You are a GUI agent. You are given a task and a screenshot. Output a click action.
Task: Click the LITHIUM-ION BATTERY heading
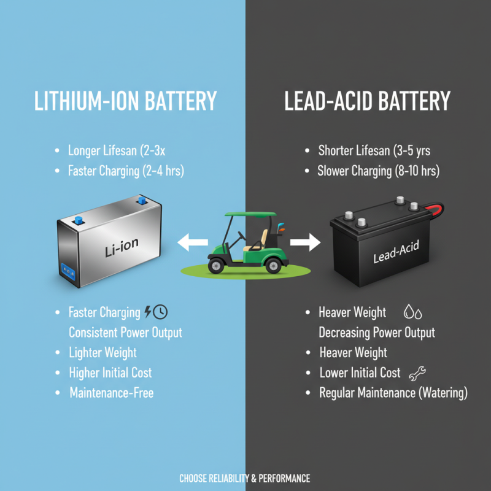click(x=126, y=101)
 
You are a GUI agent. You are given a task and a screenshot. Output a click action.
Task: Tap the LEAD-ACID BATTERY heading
click(x=367, y=101)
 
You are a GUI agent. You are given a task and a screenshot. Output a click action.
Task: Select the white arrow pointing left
click(x=193, y=242)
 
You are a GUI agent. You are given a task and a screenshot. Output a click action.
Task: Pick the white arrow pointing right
click(x=305, y=242)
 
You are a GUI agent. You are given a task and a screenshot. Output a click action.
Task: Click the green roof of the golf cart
click(x=251, y=214)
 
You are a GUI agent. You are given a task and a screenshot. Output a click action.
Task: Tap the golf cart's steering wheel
click(x=242, y=236)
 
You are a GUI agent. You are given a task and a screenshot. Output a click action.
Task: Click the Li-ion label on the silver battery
click(x=122, y=247)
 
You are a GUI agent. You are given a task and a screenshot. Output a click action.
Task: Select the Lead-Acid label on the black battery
click(x=396, y=252)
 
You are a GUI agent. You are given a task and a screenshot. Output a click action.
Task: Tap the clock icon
click(x=160, y=312)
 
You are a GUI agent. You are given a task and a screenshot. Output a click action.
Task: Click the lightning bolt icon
click(x=148, y=312)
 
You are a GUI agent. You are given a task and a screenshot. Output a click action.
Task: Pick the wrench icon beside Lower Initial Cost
click(x=417, y=373)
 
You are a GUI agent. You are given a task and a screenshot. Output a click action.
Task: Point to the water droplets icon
click(x=412, y=312)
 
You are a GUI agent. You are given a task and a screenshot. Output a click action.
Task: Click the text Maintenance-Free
click(x=112, y=393)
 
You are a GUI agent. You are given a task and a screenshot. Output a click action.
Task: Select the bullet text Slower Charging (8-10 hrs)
click(x=379, y=171)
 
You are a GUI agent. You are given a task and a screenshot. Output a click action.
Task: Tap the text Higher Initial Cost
click(x=110, y=373)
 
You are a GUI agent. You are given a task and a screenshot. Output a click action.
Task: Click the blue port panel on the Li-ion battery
click(x=68, y=271)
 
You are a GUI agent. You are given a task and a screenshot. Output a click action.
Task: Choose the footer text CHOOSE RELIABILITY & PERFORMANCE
click(x=245, y=479)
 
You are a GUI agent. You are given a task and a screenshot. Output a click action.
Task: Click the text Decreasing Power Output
click(x=377, y=333)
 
